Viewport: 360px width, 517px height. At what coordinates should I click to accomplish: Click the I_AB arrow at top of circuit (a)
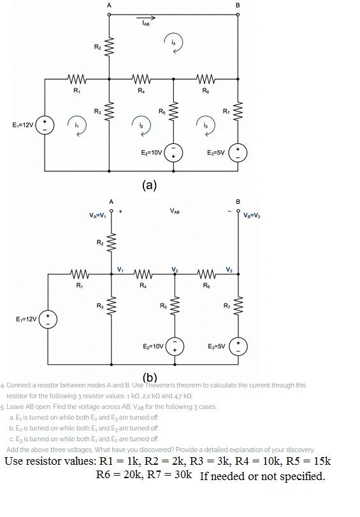149,19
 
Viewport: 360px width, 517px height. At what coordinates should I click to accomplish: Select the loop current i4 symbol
173,41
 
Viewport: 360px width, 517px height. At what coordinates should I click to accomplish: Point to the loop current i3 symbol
206,124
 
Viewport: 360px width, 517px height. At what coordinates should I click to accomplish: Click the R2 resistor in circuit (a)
109,46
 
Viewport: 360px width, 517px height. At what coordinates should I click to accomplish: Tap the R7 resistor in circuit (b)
239,309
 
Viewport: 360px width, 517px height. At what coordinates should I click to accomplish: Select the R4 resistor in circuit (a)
141,80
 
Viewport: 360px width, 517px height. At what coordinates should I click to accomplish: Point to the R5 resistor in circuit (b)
174,309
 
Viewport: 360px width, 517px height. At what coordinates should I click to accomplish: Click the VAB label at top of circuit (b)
175,209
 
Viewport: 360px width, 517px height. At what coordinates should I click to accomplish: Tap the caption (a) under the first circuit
149,185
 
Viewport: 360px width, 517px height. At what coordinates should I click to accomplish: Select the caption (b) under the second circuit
149,377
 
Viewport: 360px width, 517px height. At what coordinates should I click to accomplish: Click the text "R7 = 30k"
169,475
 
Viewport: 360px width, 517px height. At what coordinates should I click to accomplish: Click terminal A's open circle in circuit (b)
112,209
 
